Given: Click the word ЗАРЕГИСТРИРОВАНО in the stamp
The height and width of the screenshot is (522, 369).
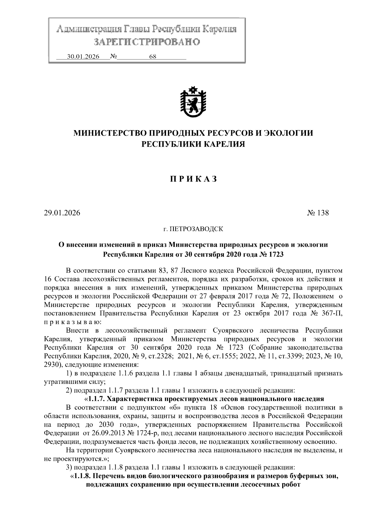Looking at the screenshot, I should click(147, 42).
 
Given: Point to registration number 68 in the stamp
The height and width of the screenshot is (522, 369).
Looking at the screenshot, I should click(153, 57).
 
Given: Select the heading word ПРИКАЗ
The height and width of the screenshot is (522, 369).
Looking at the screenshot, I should click(193, 179).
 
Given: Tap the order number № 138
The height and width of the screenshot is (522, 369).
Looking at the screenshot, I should click(318, 213).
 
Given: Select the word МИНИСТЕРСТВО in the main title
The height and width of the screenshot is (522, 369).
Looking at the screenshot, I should click(110, 133).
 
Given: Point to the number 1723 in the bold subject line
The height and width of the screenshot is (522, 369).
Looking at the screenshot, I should click(276, 254).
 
